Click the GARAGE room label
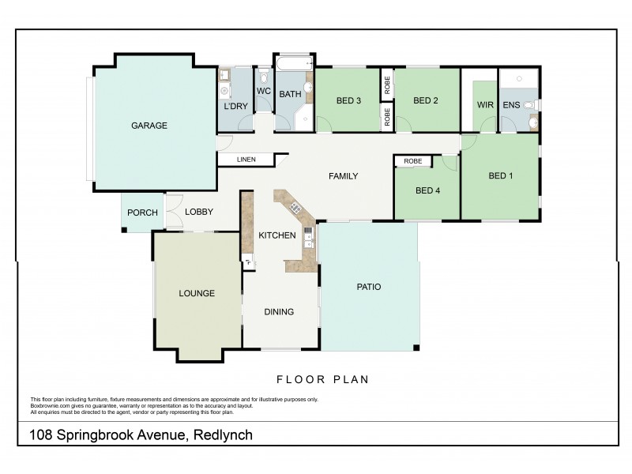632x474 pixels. coord(149,125)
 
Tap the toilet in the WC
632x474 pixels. coord(264,76)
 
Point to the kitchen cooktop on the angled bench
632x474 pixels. coord(295,208)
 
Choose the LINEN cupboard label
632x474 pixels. coord(246,160)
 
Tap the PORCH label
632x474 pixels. coord(142,213)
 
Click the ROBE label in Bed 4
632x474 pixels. coord(412,161)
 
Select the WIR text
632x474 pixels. coord(484,104)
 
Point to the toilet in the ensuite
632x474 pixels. coord(530,104)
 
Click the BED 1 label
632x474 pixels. coord(500,175)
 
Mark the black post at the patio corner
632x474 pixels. coord(417,348)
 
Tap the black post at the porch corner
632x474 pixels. coord(124,230)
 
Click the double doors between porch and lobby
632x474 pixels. coord(173,213)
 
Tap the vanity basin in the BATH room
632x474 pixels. coord(309,87)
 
